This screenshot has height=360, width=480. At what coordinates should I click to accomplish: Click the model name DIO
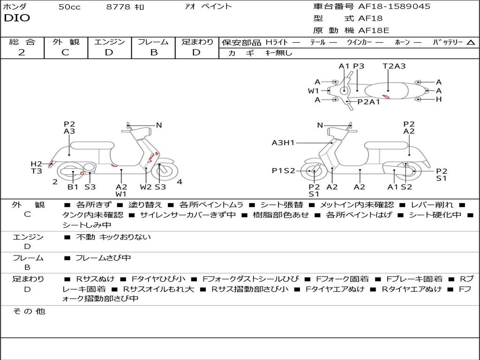(x=17, y=18)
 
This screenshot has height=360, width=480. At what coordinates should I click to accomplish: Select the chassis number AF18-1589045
(x=394, y=7)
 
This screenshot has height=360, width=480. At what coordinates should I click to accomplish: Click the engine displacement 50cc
(x=69, y=7)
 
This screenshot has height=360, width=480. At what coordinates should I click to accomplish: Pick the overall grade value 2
(x=22, y=52)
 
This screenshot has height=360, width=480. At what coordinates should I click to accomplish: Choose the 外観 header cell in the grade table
(x=66, y=42)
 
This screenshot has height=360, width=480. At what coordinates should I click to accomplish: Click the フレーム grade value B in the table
(x=153, y=52)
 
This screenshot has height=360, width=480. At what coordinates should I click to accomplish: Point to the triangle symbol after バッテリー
(x=471, y=43)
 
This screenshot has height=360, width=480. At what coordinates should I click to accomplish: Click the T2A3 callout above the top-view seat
(x=394, y=66)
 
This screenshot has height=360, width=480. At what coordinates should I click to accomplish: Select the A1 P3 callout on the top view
(x=352, y=66)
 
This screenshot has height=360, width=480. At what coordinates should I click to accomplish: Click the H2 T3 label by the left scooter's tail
(x=37, y=167)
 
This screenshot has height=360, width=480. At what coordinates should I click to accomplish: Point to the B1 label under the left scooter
(x=73, y=187)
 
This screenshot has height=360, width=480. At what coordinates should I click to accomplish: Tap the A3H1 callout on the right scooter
(x=283, y=143)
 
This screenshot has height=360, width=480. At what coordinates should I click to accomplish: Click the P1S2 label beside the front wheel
(x=284, y=171)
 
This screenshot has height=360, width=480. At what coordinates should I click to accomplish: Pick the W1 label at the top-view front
(x=314, y=90)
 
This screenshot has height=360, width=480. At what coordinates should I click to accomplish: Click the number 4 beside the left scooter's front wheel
(x=180, y=182)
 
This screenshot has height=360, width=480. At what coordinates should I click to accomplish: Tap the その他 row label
(x=29, y=311)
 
